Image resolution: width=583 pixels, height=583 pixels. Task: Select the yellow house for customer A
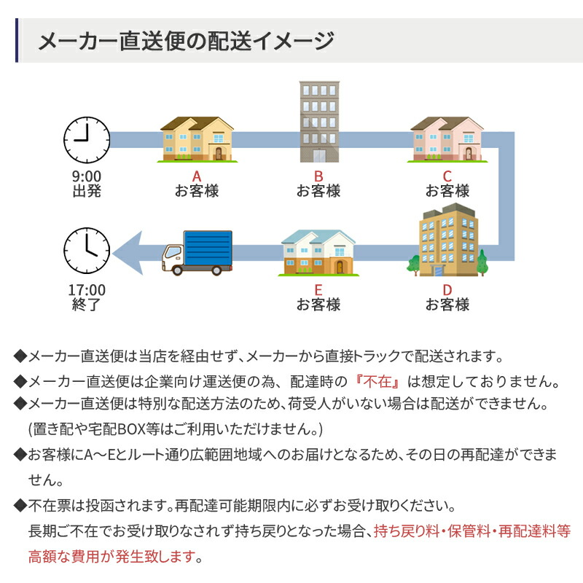pyautogui.click(x=197, y=139)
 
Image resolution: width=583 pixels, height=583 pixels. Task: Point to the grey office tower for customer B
pyautogui.click(x=318, y=122)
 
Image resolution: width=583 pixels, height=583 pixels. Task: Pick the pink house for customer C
pyautogui.click(x=447, y=138)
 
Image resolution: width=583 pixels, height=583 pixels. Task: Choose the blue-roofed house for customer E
pyautogui.click(x=318, y=253)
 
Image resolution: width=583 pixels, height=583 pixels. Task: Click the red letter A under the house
pyautogui.click(x=196, y=176)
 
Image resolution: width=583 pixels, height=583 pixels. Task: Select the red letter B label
pyautogui.click(x=318, y=176)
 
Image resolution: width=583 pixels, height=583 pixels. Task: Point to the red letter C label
pyautogui.click(x=447, y=176)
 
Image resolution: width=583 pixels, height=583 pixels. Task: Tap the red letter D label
pyautogui.click(x=447, y=289)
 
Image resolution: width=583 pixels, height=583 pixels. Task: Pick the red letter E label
pyautogui.click(x=318, y=289)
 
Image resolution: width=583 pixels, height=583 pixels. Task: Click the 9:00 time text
pyautogui.click(x=86, y=176)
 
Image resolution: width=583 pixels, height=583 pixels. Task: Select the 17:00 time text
pyautogui.click(x=86, y=289)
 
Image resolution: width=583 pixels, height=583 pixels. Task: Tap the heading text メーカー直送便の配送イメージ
pyautogui.click(x=186, y=41)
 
